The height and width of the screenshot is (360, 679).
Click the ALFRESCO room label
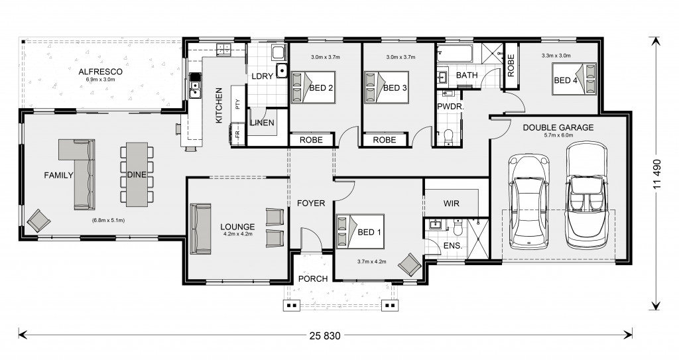click(x=101, y=72)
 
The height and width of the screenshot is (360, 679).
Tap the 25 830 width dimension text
click(x=325, y=335)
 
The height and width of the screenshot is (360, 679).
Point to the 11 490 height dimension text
click(x=658, y=174)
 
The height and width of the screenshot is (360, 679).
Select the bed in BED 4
click(x=574, y=78)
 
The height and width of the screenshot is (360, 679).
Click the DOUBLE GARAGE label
click(x=558, y=128)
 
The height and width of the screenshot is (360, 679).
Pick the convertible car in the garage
click(x=587, y=194)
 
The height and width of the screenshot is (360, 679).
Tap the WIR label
click(x=451, y=203)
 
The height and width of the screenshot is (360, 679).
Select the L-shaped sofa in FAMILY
click(x=78, y=174)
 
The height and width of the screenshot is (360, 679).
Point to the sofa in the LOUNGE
click(x=200, y=229)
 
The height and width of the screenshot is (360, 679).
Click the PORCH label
click(x=313, y=278)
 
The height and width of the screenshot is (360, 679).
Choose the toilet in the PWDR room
click(x=448, y=137)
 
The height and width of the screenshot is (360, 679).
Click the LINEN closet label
click(x=262, y=123)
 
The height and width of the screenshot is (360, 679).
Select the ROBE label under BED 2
click(x=312, y=140)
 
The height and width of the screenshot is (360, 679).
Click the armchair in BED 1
click(x=409, y=265)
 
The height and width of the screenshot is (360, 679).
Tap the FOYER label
click(x=311, y=203)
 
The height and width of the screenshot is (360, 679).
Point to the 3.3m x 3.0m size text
click(x=556, y=56)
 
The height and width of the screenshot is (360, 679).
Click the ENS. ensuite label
click(x=453, y=245)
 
